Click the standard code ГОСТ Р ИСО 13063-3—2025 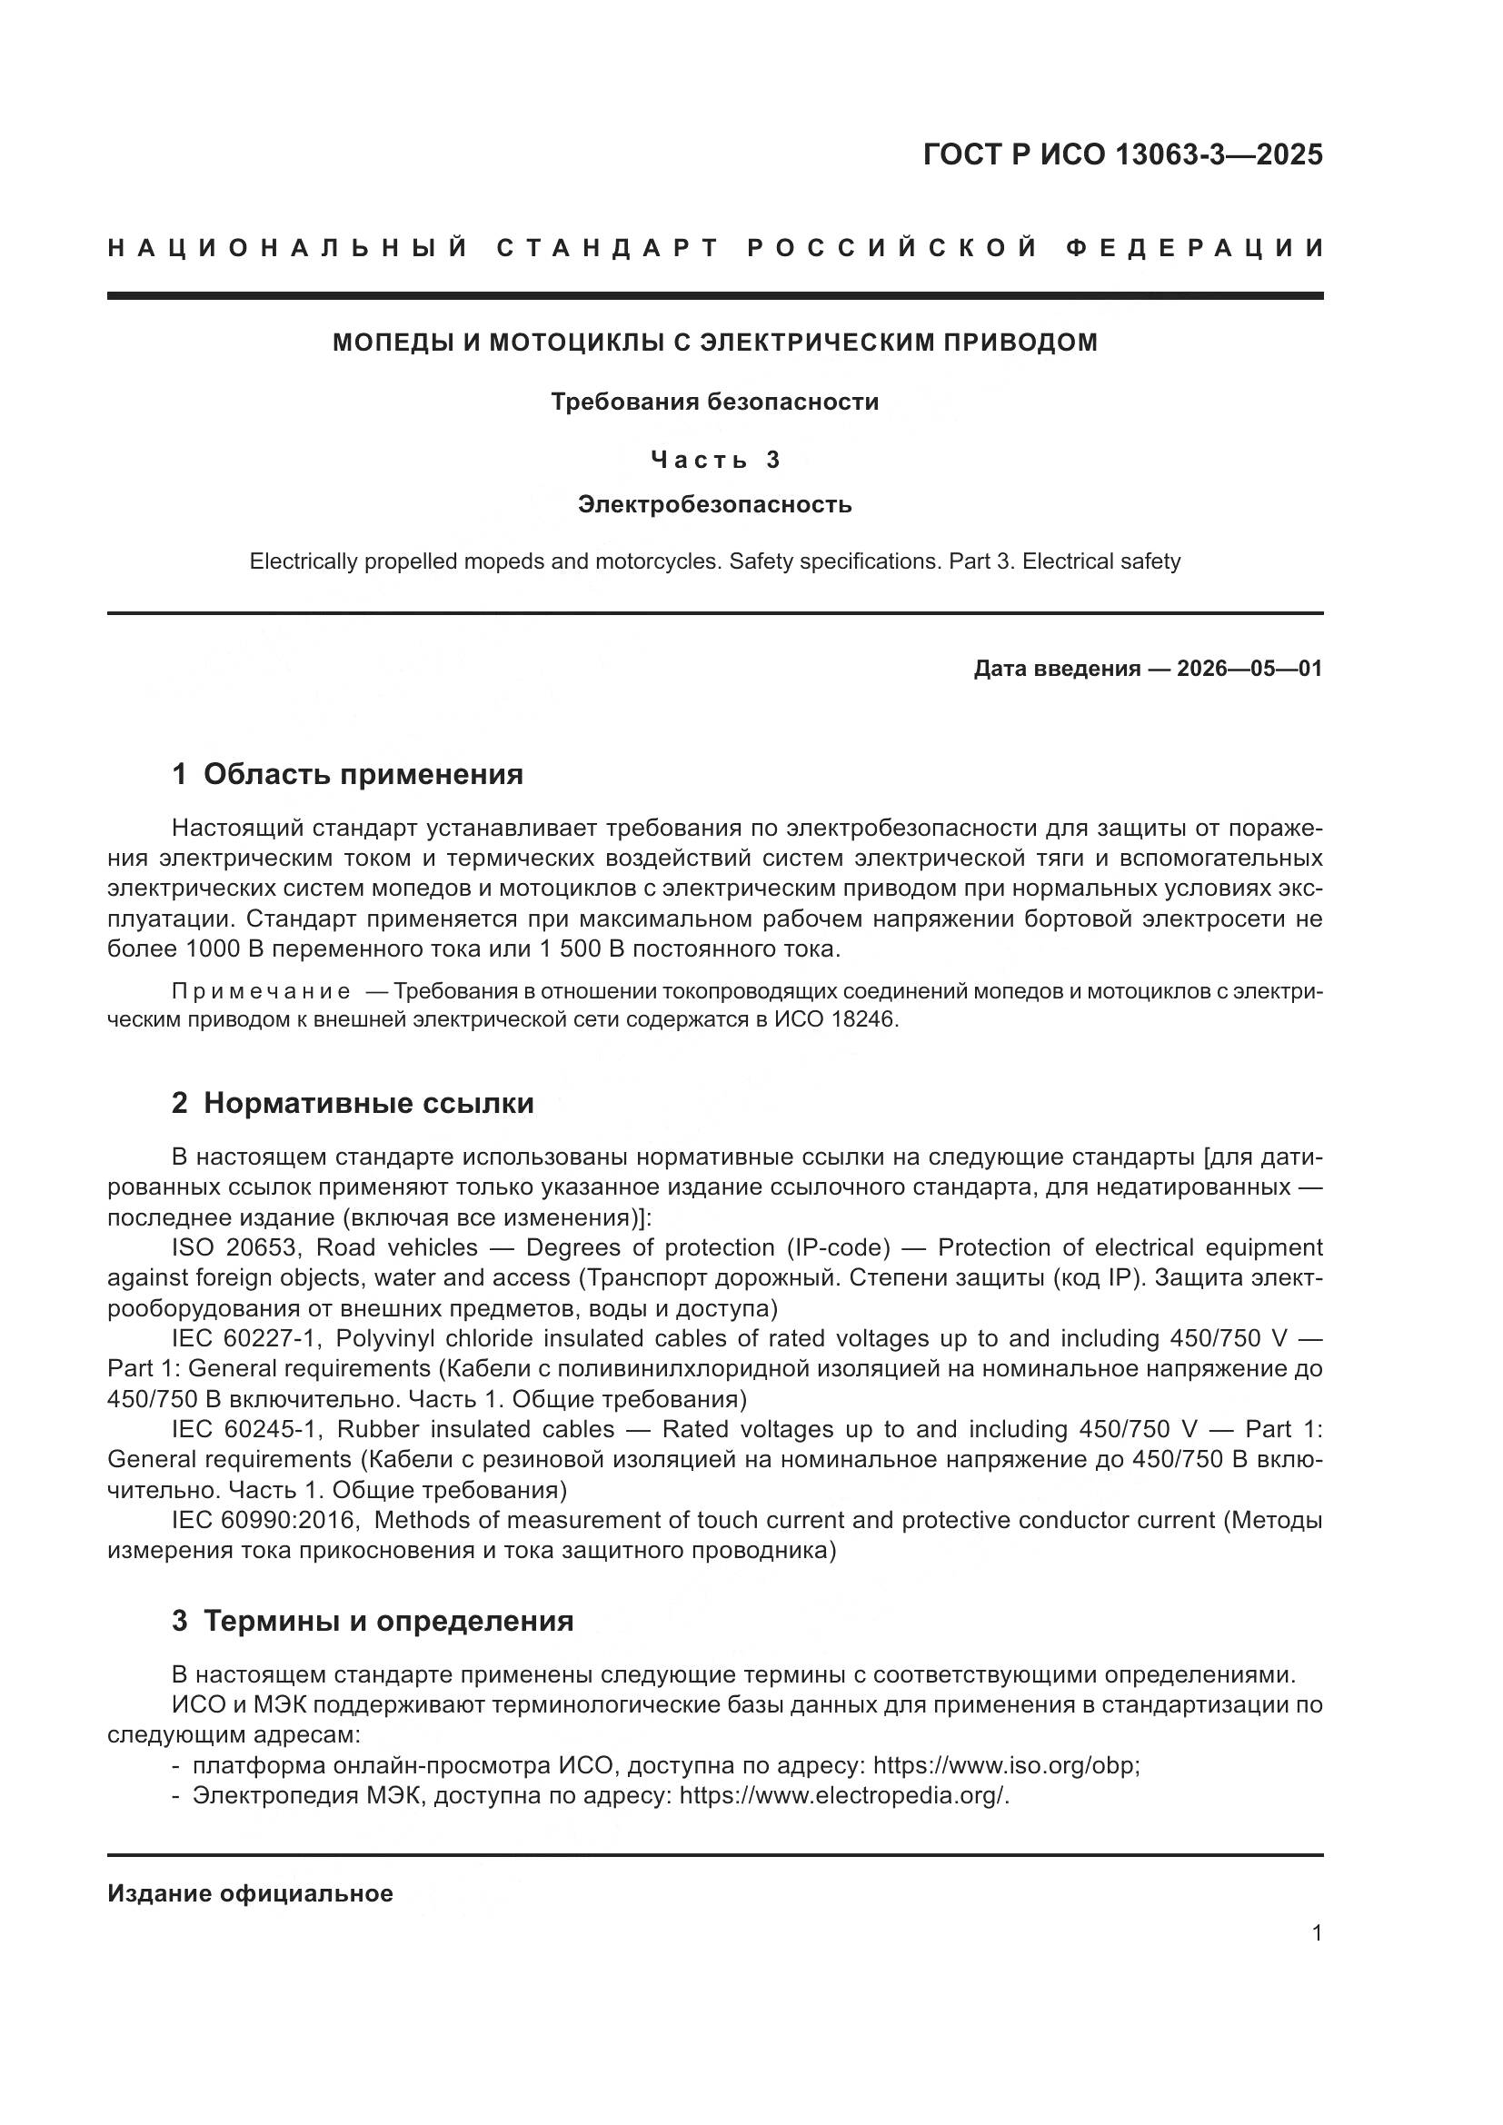click(1121, 154)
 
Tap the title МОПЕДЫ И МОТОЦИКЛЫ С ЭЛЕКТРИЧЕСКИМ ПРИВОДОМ click(714, 343)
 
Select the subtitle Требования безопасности click(714, 402)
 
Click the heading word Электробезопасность click(714, 504)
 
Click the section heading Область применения click(363, 774)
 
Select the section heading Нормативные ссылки click(368, 1103)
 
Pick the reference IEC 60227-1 click(246, 1338)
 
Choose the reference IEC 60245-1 click(246, 1429)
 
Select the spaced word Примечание click(261, 991)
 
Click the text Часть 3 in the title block click(714, 459)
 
